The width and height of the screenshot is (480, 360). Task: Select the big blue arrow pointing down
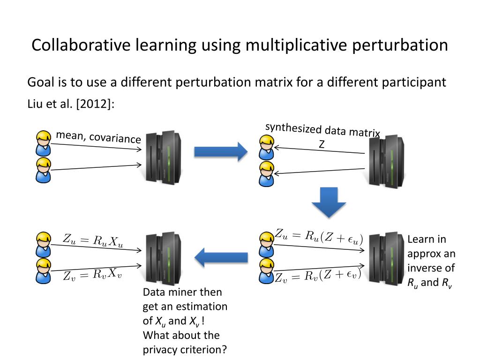(x=329, y=202)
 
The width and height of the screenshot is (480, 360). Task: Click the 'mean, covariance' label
(x=98, y=137)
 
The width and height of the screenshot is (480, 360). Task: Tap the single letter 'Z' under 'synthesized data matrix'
(x=322, y=145)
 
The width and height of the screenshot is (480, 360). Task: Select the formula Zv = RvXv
(x=92, y=275)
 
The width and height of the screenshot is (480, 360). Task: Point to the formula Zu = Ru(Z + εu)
(x=319, y=236)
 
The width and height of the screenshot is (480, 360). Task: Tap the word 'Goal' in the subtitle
(x=40, y=82)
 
